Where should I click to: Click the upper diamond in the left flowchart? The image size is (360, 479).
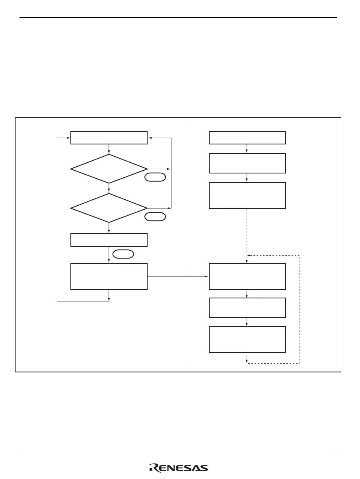click(x=109, y=169)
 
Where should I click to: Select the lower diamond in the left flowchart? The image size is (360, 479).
click(x=109, y=208)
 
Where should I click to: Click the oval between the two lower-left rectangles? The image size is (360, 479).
click(x=123, y=254)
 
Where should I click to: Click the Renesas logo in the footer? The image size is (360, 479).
click(x=179, y=468)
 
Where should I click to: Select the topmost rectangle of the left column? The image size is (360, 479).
click(x=109, y=138)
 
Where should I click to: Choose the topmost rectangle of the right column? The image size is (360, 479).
click(x=247, y=138)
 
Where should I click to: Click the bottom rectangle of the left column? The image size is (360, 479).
click(x=109, y=276)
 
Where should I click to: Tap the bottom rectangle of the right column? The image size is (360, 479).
click(x=247, y=339)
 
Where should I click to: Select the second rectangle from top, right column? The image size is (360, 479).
click(x=247, y=163)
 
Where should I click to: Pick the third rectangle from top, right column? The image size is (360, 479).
click(x=247, y=195)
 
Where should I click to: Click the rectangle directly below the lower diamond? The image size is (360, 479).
click(x=109, y=240)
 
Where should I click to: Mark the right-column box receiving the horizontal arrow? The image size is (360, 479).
click(x=247, y=276)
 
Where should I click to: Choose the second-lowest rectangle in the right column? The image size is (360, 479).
click(x=247, y=308)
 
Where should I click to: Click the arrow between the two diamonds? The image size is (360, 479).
click(x=109, y=189)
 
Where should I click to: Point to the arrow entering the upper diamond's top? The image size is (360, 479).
click(x=109, y=149)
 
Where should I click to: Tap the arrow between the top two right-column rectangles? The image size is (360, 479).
click(x=247, y=149)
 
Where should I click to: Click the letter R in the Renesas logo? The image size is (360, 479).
click(x=153, y=468)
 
